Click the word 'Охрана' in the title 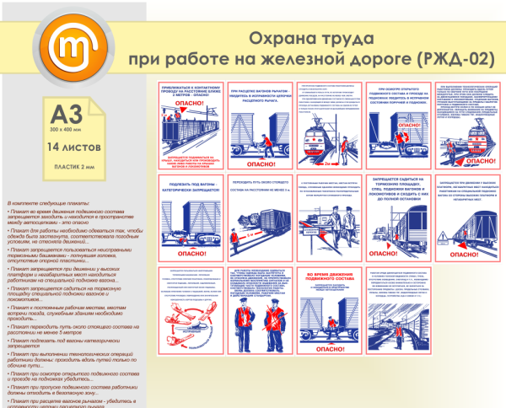pos(276,39)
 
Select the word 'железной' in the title pos(301,60)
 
